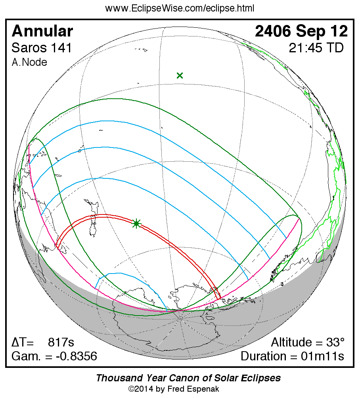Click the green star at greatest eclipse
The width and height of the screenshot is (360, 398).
click(x=136, y=224)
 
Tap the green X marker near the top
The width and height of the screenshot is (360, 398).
click(x=180, y=75)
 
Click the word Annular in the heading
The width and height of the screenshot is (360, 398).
click(x=42, y=31)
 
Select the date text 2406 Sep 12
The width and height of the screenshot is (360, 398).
click(x=301, y=31)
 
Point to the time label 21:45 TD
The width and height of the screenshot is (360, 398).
click(x=316, y=48)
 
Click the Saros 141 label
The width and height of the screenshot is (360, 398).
click(x=42, y=48)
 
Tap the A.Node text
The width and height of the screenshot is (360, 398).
click(x=29, y=62)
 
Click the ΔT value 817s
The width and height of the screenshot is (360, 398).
click(x=61, y=342)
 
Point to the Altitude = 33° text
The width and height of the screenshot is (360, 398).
click(x=308, y=342)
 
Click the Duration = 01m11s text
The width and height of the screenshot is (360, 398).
click(x=292, y=356)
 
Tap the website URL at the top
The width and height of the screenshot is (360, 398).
click(x=180, y=8)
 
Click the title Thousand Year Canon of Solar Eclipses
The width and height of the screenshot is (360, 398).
click(x=188, y=378)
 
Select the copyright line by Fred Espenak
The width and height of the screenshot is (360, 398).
click(x=174, y=389)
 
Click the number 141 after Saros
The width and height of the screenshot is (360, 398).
click(x=61, y=48)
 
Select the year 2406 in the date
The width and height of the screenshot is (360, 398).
click(x=274, y=31)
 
